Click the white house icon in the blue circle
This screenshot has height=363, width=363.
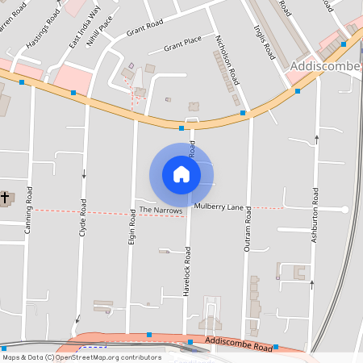click(181, 173)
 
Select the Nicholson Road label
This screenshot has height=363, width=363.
click(229, 60)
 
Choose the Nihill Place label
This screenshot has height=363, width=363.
click(95, 37)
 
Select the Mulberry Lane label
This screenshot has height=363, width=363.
click(219, 207)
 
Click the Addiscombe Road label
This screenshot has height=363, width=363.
click(239, 344)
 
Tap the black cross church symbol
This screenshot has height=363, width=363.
click(5, 197)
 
